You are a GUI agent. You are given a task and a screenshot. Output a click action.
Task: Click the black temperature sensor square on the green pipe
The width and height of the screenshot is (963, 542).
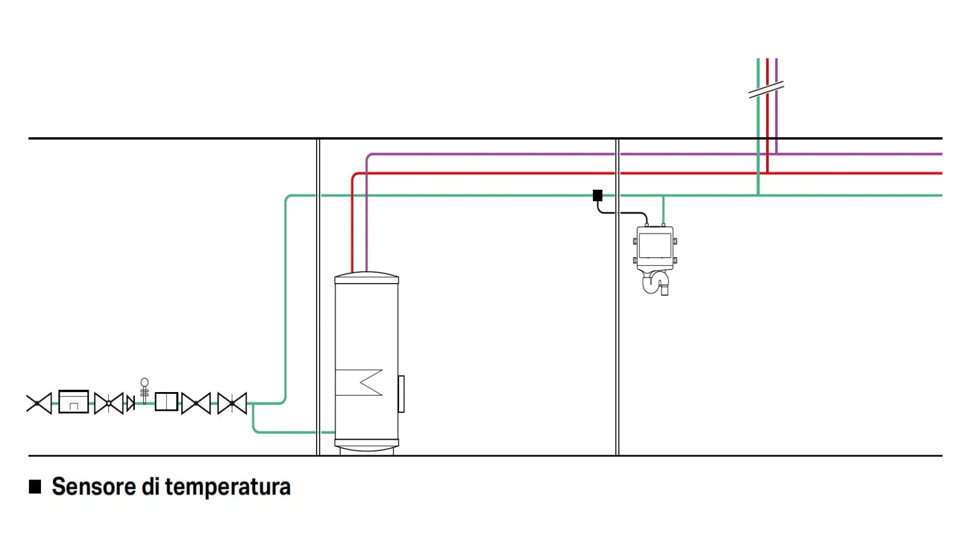597,195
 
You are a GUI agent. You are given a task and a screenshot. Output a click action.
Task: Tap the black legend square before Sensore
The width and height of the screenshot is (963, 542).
35,486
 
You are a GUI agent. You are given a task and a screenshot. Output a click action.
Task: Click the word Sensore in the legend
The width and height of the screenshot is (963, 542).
93,486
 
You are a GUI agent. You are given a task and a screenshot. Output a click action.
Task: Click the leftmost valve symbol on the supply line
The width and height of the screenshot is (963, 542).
39,403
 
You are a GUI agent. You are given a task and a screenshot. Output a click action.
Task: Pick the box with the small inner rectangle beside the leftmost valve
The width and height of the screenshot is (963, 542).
73,402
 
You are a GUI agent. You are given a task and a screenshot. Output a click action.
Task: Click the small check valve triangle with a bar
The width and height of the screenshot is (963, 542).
130,403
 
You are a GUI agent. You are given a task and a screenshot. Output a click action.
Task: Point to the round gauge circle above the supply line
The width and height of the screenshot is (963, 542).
144,382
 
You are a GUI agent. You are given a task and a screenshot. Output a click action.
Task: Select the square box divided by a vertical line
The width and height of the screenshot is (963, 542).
166,402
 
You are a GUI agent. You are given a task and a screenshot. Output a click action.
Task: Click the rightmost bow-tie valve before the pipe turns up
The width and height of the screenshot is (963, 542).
232,403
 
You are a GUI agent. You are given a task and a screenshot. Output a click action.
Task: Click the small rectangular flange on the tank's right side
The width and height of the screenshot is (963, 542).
401,394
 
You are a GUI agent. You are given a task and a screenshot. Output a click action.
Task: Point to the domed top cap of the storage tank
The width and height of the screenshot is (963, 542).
366,278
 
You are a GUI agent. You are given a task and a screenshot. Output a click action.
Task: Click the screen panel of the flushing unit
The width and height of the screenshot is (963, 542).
654,245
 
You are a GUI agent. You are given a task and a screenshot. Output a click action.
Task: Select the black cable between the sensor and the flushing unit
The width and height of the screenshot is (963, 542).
623,213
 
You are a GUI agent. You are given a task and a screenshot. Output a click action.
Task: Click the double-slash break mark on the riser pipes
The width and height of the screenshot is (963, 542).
766,90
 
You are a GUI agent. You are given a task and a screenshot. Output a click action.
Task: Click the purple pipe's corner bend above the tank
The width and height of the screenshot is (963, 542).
368,156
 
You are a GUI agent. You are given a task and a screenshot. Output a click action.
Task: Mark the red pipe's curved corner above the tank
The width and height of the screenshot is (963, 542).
354,175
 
